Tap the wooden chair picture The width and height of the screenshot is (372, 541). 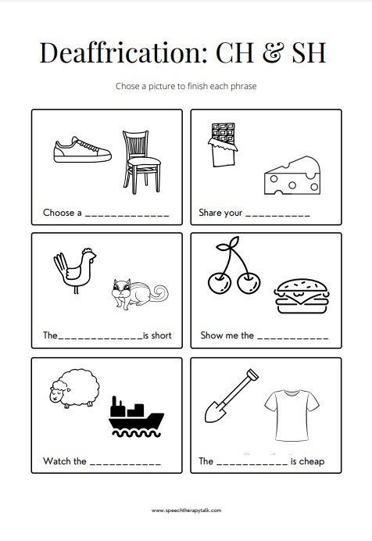tap(141, 162)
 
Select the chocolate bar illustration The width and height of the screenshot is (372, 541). tap(223, 145)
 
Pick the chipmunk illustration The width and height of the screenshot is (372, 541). tap(139, 294)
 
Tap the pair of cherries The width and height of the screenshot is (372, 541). tap(234, 266)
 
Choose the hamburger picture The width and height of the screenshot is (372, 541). tap(302, 296)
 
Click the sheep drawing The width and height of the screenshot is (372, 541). tap(74, 389)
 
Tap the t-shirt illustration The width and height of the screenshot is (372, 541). tap(292, 415)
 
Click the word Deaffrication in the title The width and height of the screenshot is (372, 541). tap(123, 52)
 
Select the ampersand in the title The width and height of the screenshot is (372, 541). tap(272, 53)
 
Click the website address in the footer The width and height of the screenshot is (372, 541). tap(186, 511)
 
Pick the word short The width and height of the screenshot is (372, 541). tap(161, 335)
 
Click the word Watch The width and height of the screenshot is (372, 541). tap(56, 461)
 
